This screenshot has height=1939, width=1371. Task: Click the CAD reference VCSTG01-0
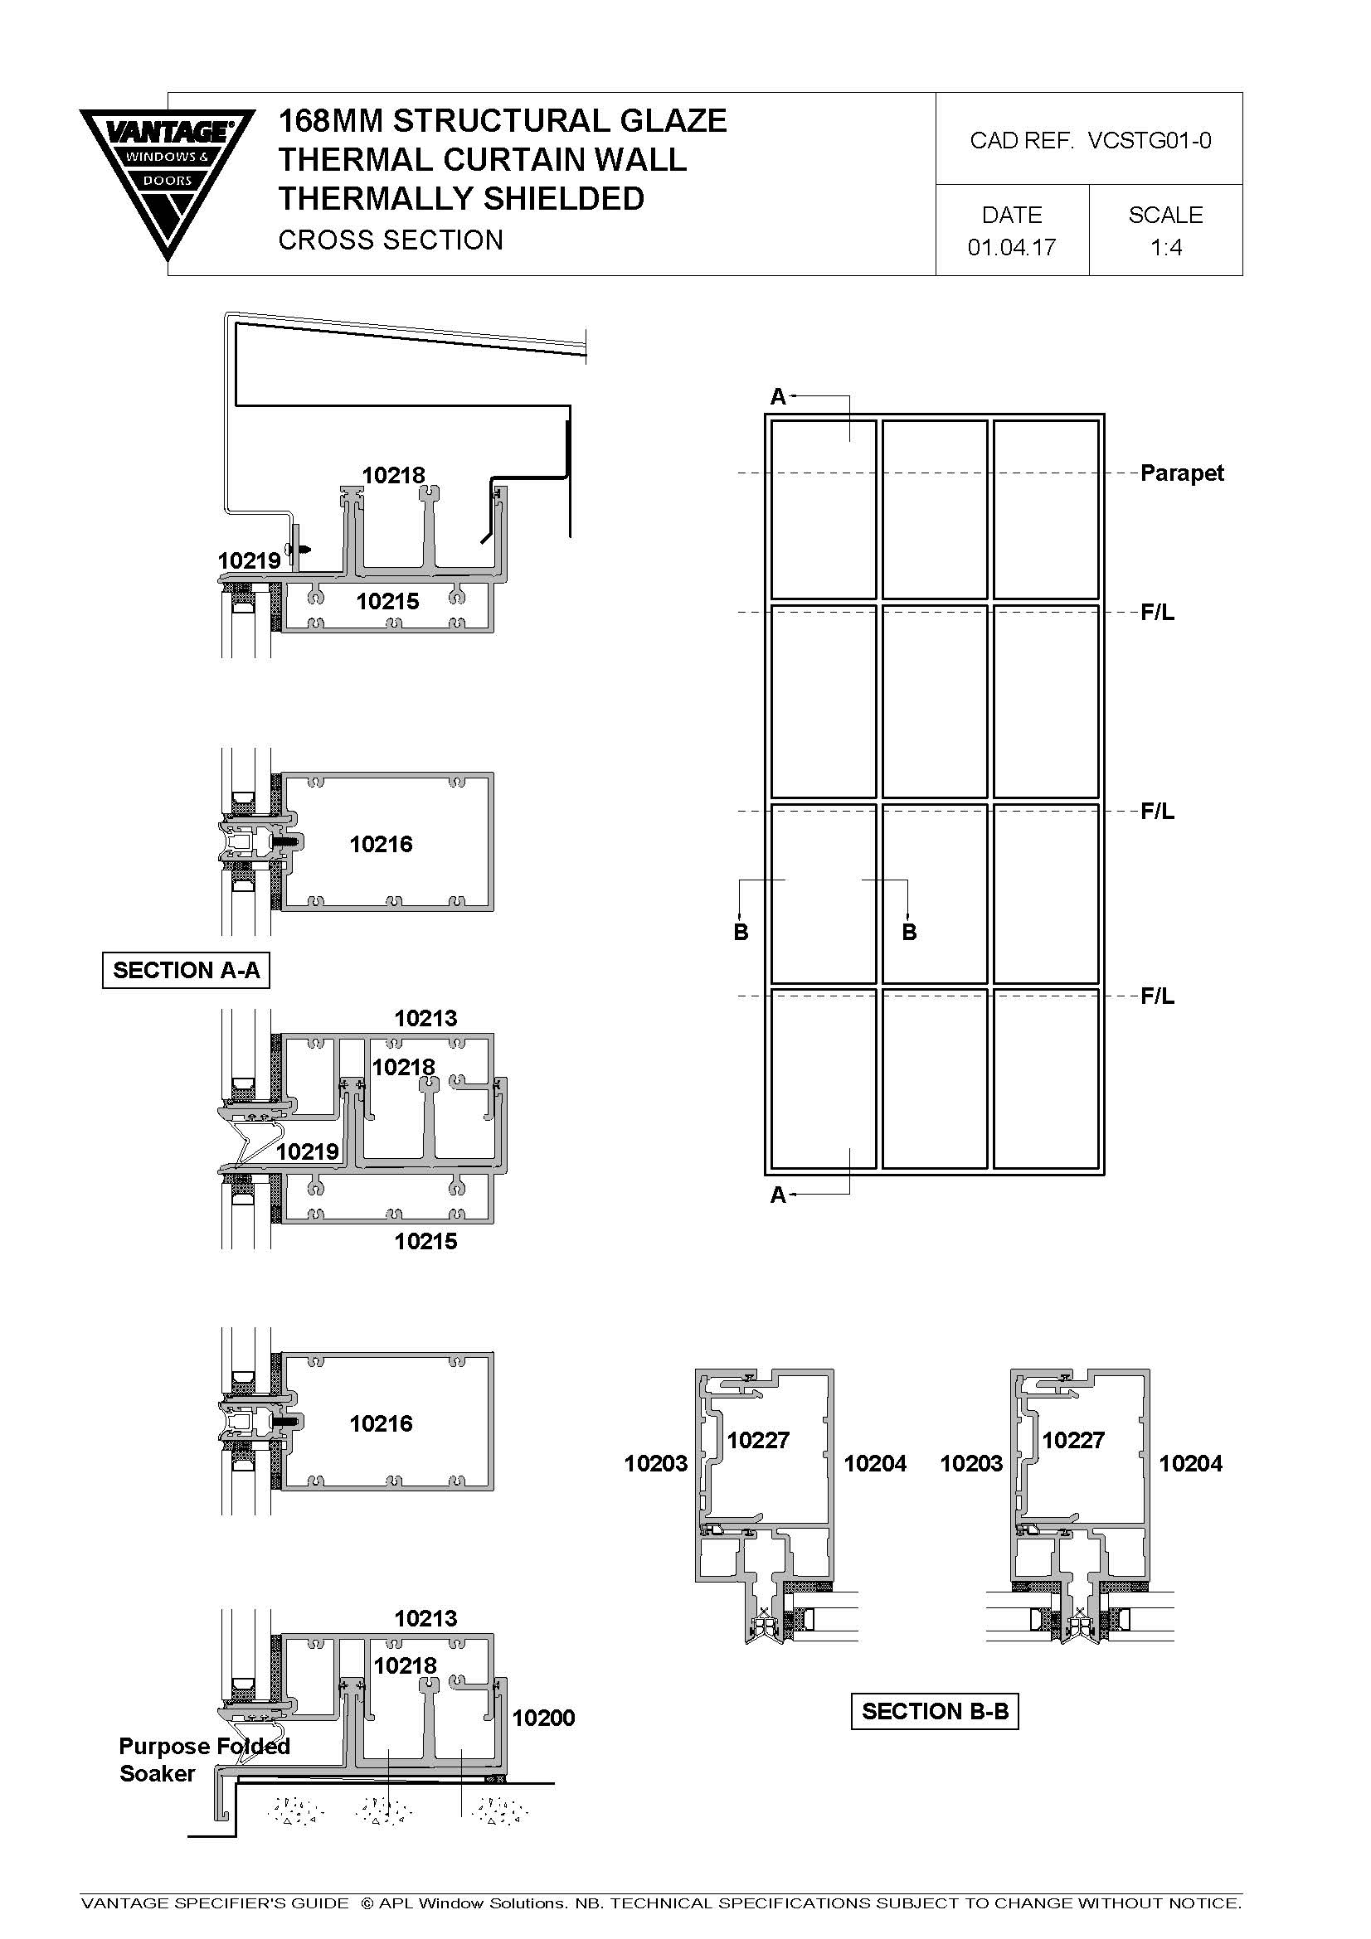[1150, 140]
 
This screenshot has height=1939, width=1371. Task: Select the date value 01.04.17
[1012, 247]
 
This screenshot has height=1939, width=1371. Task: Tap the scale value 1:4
[1166, 247]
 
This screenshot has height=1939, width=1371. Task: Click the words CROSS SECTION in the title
[391, 240]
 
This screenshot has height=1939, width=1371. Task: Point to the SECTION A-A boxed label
[186, 971]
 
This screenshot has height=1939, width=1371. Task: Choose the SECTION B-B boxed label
[935, 1711]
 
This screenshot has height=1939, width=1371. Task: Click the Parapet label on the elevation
[1182, 473]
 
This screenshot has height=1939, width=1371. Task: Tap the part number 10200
[544, 1718]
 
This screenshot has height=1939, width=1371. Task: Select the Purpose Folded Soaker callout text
[204, 1759]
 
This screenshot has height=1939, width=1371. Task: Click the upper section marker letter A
[778, 396]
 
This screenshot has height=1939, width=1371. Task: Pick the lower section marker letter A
[778, 1195]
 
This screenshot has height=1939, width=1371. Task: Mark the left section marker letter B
[741, 933]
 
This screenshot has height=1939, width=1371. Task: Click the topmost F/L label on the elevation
[1157, 613]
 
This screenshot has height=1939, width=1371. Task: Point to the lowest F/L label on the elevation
[1157, 996]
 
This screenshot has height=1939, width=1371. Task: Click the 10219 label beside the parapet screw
[248, 560]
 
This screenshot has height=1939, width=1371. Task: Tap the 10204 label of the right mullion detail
[1190, 1463]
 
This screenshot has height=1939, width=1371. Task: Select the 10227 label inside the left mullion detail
[758, 1440]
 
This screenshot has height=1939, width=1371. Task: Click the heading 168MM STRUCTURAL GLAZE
[503, 121]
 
